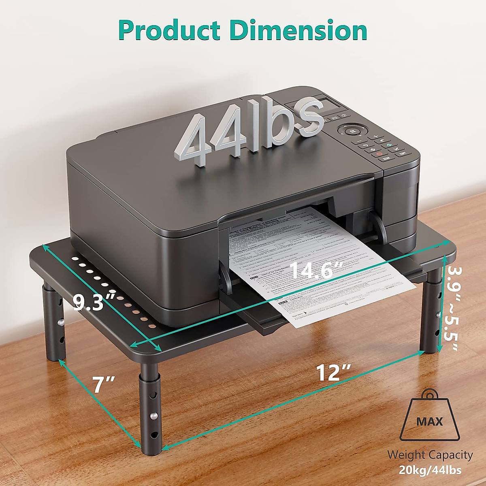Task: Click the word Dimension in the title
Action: pyautogui.click(x=298, y=31)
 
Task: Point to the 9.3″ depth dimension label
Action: pyautogui.click(x=94, y=302)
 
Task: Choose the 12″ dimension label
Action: pyautogui.click(x=333, y=373)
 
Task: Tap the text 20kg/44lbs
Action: pyautogui.click(x=430, y=470)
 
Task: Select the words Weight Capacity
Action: pyautogui.click(x=430, y=455)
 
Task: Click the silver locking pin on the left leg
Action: pyautogui.click(x=60, y=322)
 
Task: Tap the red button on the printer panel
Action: pyautogui.click(x=379, y=154)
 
